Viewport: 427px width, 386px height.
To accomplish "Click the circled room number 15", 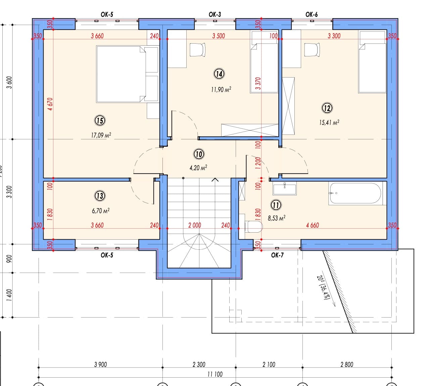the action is point(100,120).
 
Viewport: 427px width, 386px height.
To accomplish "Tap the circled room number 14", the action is point(219,74).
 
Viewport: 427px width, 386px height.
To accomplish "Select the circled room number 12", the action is point(327,108).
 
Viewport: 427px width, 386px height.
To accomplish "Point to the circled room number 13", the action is point(100,196).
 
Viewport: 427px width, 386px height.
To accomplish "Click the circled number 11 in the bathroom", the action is point(276,205).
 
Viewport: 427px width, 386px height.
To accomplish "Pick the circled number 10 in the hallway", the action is point(199,154).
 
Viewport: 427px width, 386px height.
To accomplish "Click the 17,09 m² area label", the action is point(101,135).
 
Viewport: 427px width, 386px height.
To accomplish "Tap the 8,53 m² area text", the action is point(277,218).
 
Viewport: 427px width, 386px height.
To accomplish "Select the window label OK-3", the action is point(215,14).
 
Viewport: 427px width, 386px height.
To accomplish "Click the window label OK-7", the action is point(277,255).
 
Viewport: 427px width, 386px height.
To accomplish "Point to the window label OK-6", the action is point(312,14).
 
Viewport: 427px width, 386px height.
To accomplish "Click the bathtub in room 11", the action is point(355,193).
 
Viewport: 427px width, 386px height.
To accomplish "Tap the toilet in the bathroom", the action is point(254,227).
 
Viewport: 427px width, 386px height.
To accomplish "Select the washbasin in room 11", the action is point(285,188).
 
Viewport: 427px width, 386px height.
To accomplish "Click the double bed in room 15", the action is point(127,74).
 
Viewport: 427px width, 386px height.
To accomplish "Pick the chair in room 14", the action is point(197,50).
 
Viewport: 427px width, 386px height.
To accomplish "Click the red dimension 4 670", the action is point(50,104).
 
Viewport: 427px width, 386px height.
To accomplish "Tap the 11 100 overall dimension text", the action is point(215,374).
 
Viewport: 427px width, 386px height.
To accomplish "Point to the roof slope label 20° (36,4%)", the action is point(323,288).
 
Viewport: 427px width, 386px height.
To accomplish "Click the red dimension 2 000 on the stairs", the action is point(195,225).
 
